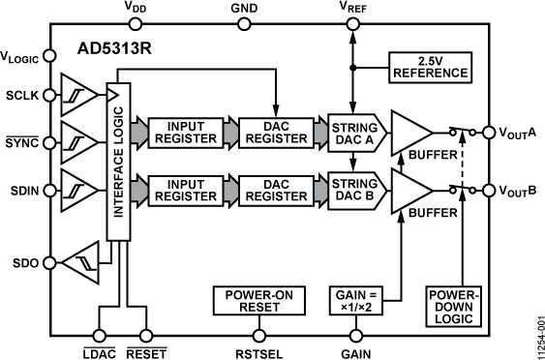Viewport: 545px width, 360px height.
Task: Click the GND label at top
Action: [x=246, y=8]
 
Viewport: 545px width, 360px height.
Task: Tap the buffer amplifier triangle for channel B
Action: [x=408, y=188]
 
